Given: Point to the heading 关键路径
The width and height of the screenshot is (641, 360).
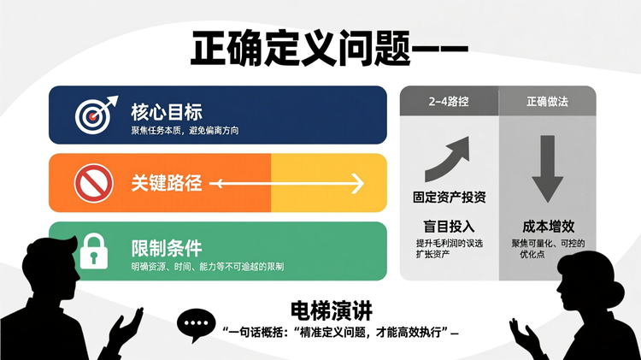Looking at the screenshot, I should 167,182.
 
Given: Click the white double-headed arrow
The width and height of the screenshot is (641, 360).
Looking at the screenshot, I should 287,183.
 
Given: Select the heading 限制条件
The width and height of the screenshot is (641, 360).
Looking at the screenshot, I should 167,248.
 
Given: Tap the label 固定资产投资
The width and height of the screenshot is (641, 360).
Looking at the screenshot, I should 448,198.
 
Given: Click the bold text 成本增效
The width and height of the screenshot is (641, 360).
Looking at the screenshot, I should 547,227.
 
